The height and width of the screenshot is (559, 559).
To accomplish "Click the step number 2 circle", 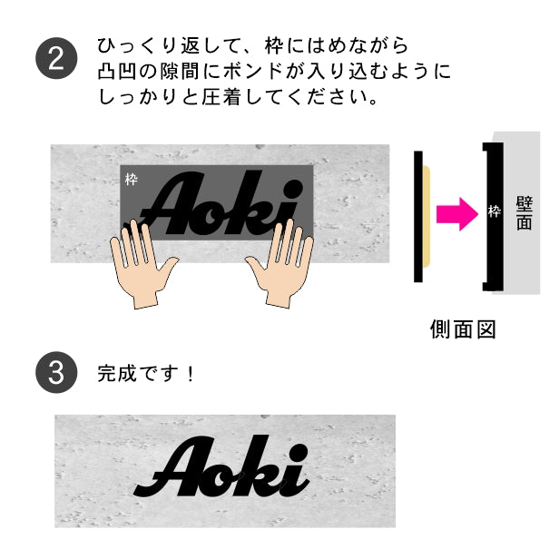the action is tap(56, 58).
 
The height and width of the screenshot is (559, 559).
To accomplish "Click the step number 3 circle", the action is tap(56, 372).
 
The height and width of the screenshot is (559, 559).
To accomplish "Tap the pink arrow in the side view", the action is tap(457, 214).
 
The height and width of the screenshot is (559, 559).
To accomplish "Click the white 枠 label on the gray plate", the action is tap(132, 180).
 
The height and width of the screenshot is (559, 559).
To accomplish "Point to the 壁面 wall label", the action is tap(525, 213).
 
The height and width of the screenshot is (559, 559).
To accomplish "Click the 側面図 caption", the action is tap(463, 329).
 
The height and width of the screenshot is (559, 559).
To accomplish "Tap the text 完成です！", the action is tap(146, 373).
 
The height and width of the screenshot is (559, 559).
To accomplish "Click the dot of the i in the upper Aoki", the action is tap(293, 188).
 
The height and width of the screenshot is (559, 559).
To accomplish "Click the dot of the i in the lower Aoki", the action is tap(297, 454).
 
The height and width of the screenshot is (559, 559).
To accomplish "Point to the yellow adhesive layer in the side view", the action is tap(427, 216).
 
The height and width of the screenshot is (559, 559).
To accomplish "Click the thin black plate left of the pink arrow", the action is tap(418, 216).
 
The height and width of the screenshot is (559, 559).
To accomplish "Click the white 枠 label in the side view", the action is tap(495, 211).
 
